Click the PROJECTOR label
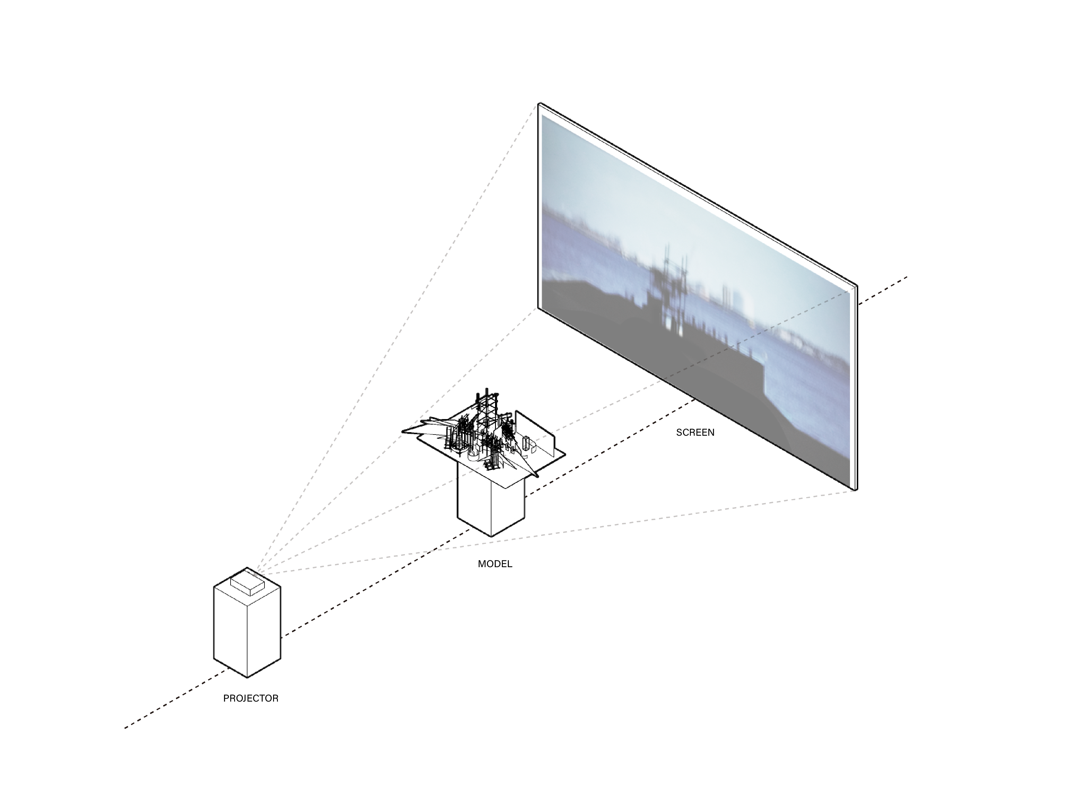[251, 698]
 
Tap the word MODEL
[495, 564]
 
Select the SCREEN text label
[695, 432]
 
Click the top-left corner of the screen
[539, 103]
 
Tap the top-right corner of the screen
[857, 285]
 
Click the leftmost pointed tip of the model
[402, 430]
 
